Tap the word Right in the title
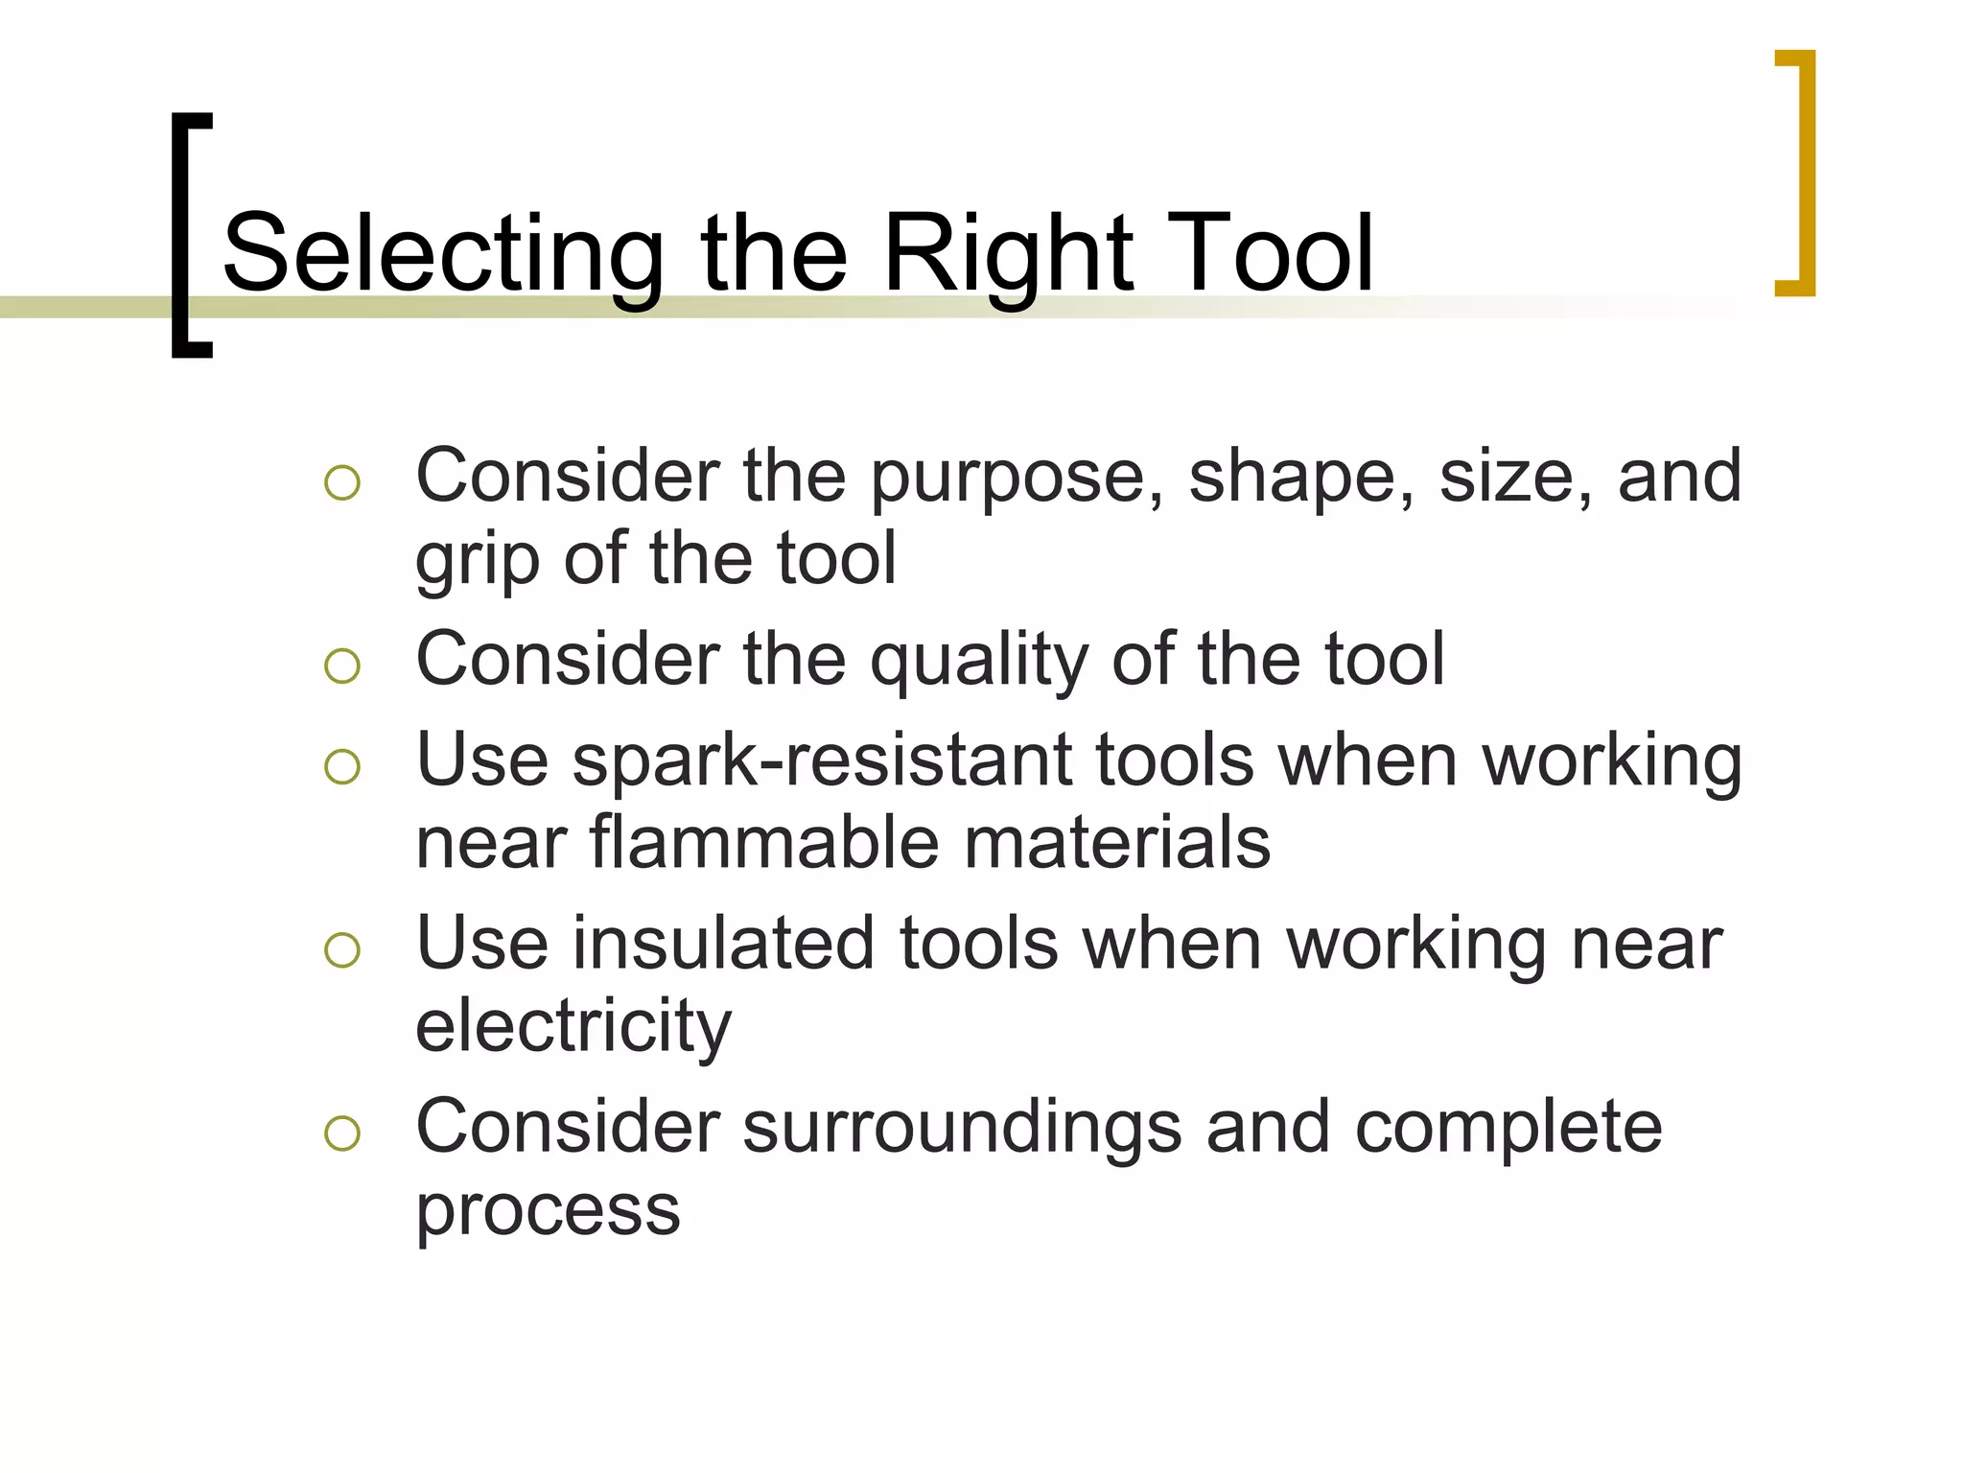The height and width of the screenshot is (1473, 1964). pos(1006,254)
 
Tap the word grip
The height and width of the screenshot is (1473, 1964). pos(477,561)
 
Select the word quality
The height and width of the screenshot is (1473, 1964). pos(978,662)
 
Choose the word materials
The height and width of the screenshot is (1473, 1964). pos(1116,844)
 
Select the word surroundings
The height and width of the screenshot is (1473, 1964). pos(962,1129)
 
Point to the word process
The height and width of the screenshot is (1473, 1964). pos(548,1210)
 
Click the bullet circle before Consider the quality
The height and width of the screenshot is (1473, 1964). pos(342,666)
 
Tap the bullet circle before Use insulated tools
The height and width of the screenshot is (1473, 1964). pos(342,949)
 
